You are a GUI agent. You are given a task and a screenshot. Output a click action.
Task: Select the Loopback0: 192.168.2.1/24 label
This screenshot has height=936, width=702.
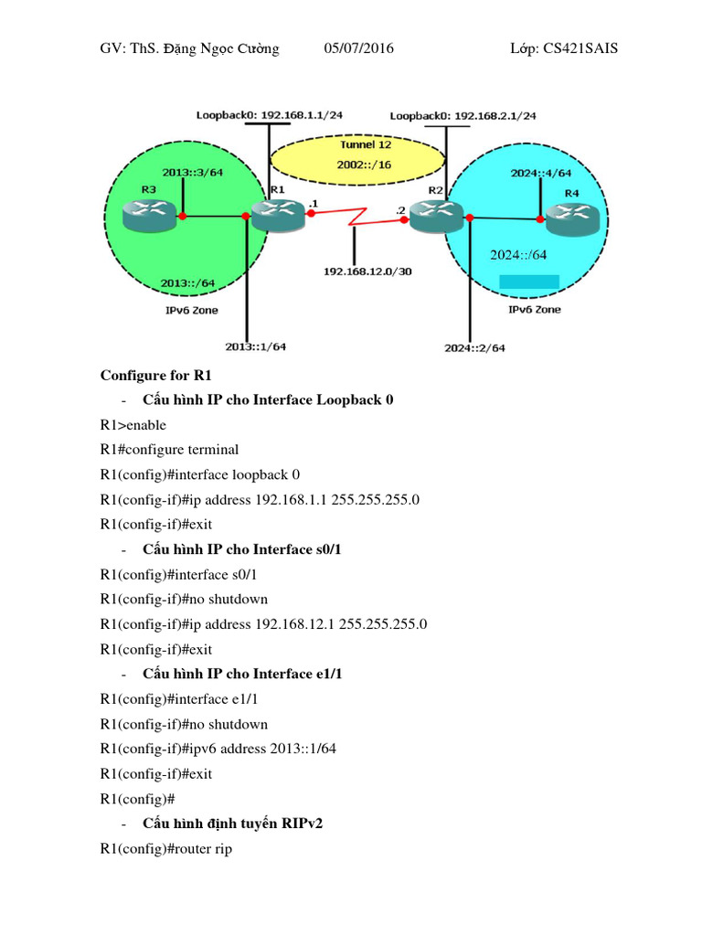pyautogui.click(x=463, y=116)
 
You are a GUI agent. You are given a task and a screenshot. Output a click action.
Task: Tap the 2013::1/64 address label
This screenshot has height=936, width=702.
pyautogui.click(x=256, y=346)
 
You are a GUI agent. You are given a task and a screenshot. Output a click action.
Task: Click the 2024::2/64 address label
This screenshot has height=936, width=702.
pyautogui.click(x=474, y=347)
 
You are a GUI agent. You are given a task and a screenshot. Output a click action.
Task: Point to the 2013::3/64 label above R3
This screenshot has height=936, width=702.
pyautogui.click(x=192, y=172)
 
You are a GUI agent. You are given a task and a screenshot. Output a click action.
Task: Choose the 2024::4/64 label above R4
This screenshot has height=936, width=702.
pyautogui.click(x=541, y=172)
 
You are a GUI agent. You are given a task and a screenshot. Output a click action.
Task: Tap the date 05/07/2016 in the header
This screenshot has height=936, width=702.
pyautogui.click(x=359, y=48)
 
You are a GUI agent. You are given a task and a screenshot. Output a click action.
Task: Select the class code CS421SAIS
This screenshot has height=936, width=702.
pyautogui.click(x=578, y=48)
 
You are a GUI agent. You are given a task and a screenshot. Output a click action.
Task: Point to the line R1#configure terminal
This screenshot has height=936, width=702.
pyautogui.click(x=169, y=449)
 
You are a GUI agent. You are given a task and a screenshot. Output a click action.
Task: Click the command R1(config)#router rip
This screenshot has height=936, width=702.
pyautogui.click(x=166, y=849)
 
